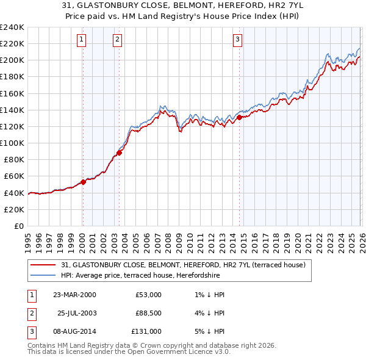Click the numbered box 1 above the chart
[x=82, y=40]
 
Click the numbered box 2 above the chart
[x=117, y=40]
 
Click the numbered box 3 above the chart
[x=237, y=40]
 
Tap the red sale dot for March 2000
[x=83, y=182]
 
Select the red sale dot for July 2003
[x=119, y=153]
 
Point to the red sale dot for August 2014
[x=239, y=117]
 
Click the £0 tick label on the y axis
[x=18, y=226]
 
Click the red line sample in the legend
[x=45, y=265]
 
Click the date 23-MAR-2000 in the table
[x=74, y=295]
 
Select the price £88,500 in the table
[x=148, y=313]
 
